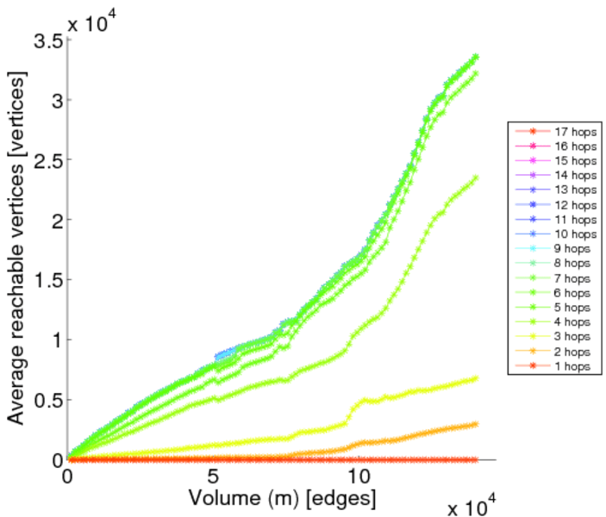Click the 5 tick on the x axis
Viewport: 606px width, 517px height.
[x=213, y=476]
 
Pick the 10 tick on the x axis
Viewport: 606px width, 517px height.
[x=359, y=476]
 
